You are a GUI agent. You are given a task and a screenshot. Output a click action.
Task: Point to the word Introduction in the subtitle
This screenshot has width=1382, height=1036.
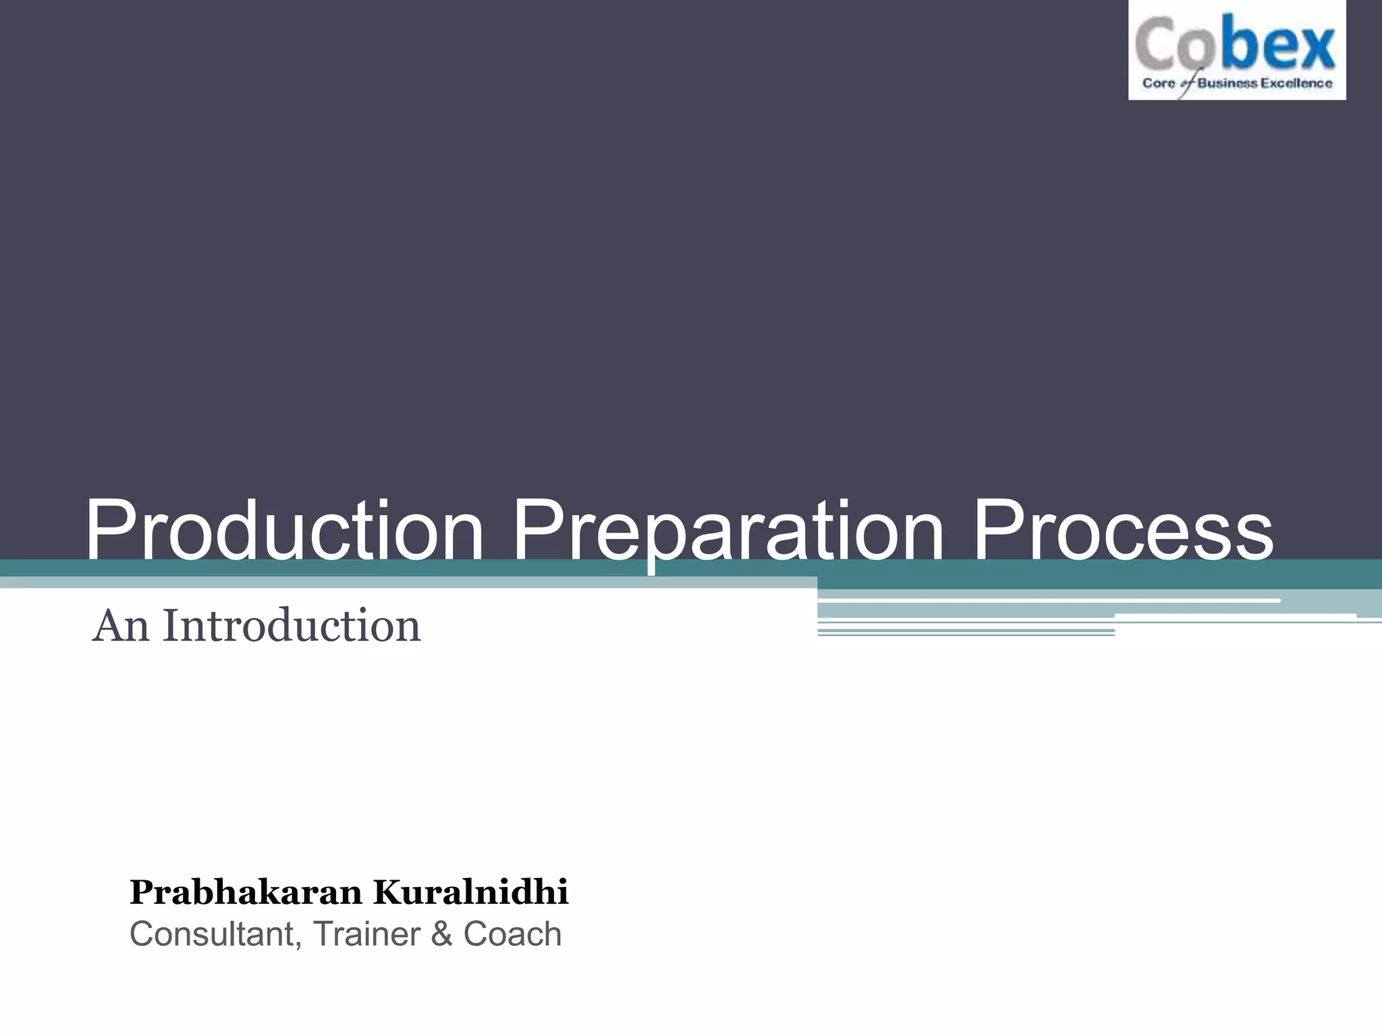tap(292, 626)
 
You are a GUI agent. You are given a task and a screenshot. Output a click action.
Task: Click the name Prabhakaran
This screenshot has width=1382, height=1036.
tap(246, 893)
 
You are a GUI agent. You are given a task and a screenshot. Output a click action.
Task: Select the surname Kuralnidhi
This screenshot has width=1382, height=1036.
tap(471, 893)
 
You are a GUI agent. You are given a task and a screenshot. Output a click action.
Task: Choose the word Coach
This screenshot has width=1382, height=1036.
tap(512, 935)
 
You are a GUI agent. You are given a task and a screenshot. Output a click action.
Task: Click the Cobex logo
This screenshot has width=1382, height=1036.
tap(1236, 51)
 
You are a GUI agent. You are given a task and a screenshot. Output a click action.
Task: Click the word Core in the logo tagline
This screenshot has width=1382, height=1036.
tap(1158, 84)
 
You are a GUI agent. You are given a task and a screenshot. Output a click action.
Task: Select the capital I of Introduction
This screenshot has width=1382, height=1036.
tap(169, 626)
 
